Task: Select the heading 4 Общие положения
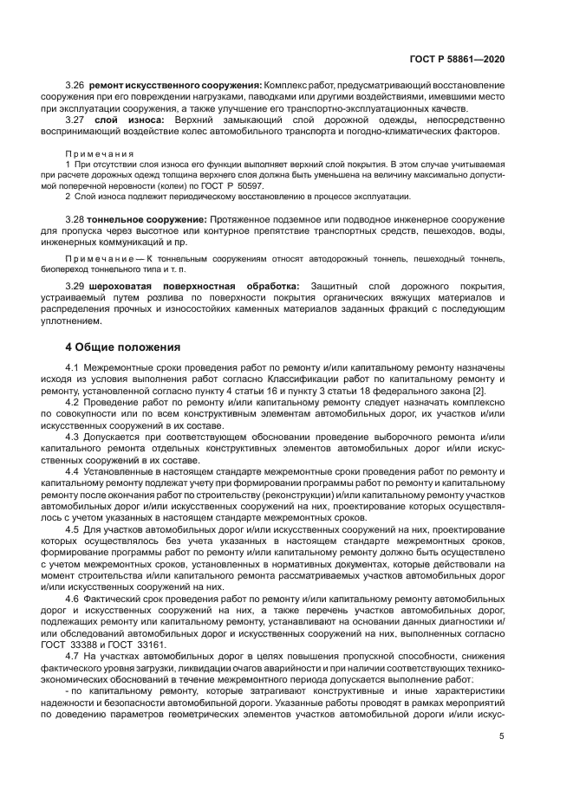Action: [122, 347]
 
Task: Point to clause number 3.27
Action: [75, 120]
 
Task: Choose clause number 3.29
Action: [75, 287]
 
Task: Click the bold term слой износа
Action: [127, 120]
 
